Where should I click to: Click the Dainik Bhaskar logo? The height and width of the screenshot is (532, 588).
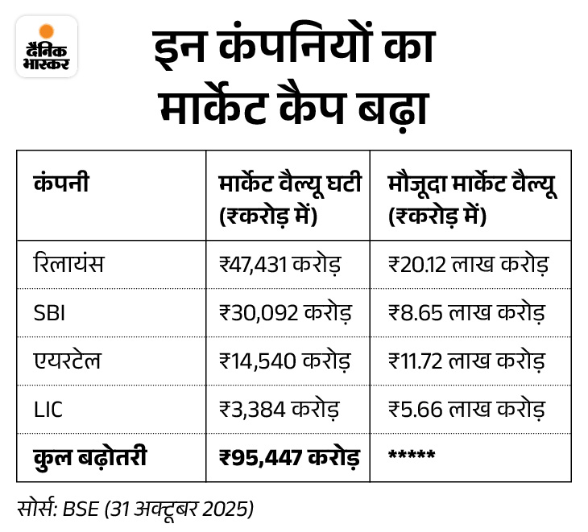tap(47, 46)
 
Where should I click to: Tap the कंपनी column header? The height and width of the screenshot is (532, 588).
tap(61, 183)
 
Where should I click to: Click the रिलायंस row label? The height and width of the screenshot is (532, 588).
tap(69, 263)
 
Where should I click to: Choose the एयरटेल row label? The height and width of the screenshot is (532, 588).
tap(68, 360)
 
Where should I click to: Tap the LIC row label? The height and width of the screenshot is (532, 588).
tap(48, 409)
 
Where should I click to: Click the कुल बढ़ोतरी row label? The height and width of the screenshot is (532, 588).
tap(90, 456)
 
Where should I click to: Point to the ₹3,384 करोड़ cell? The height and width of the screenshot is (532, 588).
tap(278, 409)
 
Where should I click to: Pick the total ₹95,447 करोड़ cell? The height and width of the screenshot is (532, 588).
tap(289, 457)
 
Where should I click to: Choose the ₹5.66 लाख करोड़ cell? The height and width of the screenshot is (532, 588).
tap(466, 409)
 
